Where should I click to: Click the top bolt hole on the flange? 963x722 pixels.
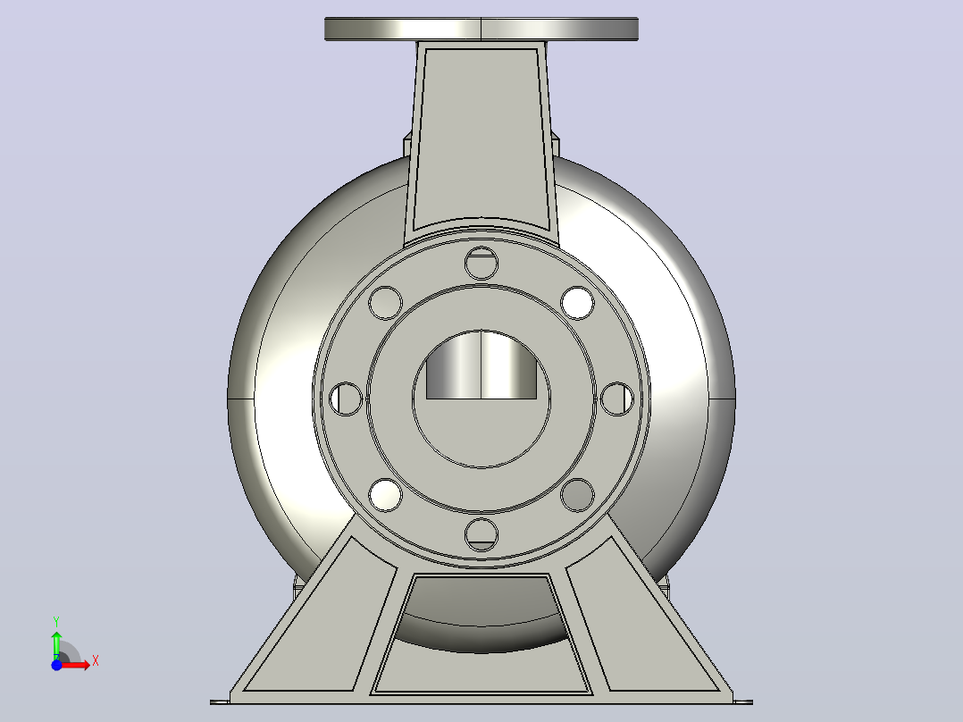481,263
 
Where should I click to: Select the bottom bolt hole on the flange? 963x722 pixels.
481,534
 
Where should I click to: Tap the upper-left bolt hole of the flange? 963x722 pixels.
386,303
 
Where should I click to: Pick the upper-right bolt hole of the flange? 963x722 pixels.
577,303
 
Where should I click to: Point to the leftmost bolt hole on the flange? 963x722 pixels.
346,399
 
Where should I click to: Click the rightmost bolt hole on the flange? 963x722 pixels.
617,399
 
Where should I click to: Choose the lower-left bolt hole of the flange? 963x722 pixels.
386,495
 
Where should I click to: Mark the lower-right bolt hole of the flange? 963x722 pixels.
577,495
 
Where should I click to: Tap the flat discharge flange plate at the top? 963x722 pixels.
481,29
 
